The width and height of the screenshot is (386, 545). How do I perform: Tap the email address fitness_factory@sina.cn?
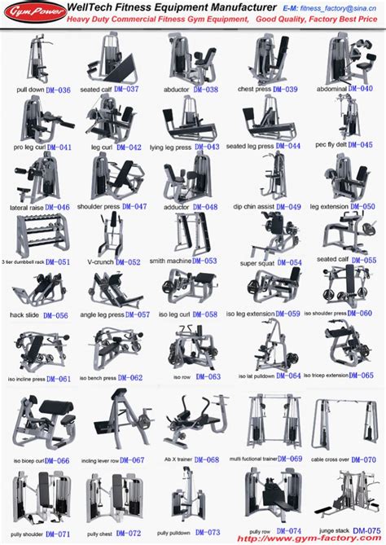pos(334,8)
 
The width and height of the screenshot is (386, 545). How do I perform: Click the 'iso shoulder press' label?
pos(331,314)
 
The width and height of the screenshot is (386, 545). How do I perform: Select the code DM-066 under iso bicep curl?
pos(56,460)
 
